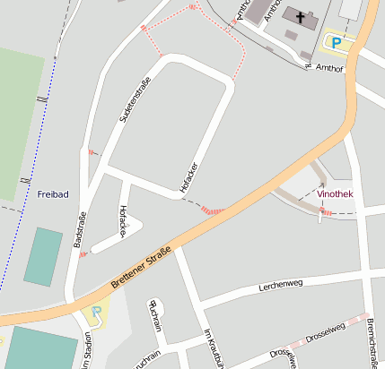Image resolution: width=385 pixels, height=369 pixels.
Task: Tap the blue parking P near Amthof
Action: pyautogui.click(x=337, y=42)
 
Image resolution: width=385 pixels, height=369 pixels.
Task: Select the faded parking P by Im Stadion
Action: pyautogui.click(x=96, y=314)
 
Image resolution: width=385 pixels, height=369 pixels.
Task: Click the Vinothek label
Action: pyautogui.click(x=336, y=193)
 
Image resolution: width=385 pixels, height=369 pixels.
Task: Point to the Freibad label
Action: pyautogui.click(x=53, y=193)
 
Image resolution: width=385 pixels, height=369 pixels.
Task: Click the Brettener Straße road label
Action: pyautogui.click(x=140, y=270)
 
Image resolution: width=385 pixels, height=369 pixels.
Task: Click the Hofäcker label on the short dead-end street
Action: pyautogui.click(x=123, y=221)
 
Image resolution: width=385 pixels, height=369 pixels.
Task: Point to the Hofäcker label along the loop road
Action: pyautogui.click(x=188, y=176)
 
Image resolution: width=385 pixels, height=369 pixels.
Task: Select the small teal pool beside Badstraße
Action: pyautogui.click(x=43, y=257)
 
